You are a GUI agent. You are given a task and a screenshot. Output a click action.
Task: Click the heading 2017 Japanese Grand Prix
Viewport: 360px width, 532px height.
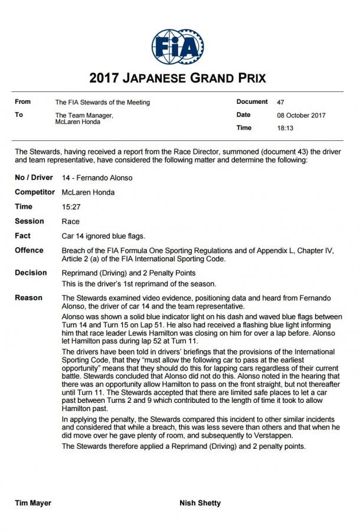click(x=178, y=78)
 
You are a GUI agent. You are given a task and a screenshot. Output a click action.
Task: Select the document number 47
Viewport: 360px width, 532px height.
click(x=280, y=102)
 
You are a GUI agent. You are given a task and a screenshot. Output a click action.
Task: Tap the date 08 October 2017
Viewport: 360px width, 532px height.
click(x=301, y=115)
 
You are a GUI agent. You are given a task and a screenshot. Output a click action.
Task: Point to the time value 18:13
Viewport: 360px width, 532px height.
click(x=285, y=128)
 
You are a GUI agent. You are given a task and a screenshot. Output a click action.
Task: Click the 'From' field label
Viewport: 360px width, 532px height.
click(x=23, y=102)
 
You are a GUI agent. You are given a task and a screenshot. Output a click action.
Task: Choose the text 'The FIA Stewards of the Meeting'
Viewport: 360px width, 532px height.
click(x=102, y=102)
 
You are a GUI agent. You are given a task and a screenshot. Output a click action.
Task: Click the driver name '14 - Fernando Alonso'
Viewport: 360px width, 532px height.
click(x=97, y=178)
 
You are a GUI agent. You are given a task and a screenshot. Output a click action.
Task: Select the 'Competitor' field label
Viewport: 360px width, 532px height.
click(x=34, y=192)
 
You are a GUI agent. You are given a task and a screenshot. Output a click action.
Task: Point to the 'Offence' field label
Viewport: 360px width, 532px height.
click(x=29, y=250)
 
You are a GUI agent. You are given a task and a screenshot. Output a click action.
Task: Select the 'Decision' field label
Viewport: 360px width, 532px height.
click(x=31, y=272)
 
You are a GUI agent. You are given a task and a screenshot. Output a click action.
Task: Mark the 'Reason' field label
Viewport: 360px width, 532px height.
click(x=28, y=298)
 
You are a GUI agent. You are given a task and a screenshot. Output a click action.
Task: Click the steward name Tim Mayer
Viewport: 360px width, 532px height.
click(x=33, y=503)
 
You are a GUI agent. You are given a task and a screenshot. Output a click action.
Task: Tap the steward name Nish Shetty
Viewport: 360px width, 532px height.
click(x=201, y=503)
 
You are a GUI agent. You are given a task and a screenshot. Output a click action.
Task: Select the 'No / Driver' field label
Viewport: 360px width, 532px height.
click(x=34, y=178)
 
